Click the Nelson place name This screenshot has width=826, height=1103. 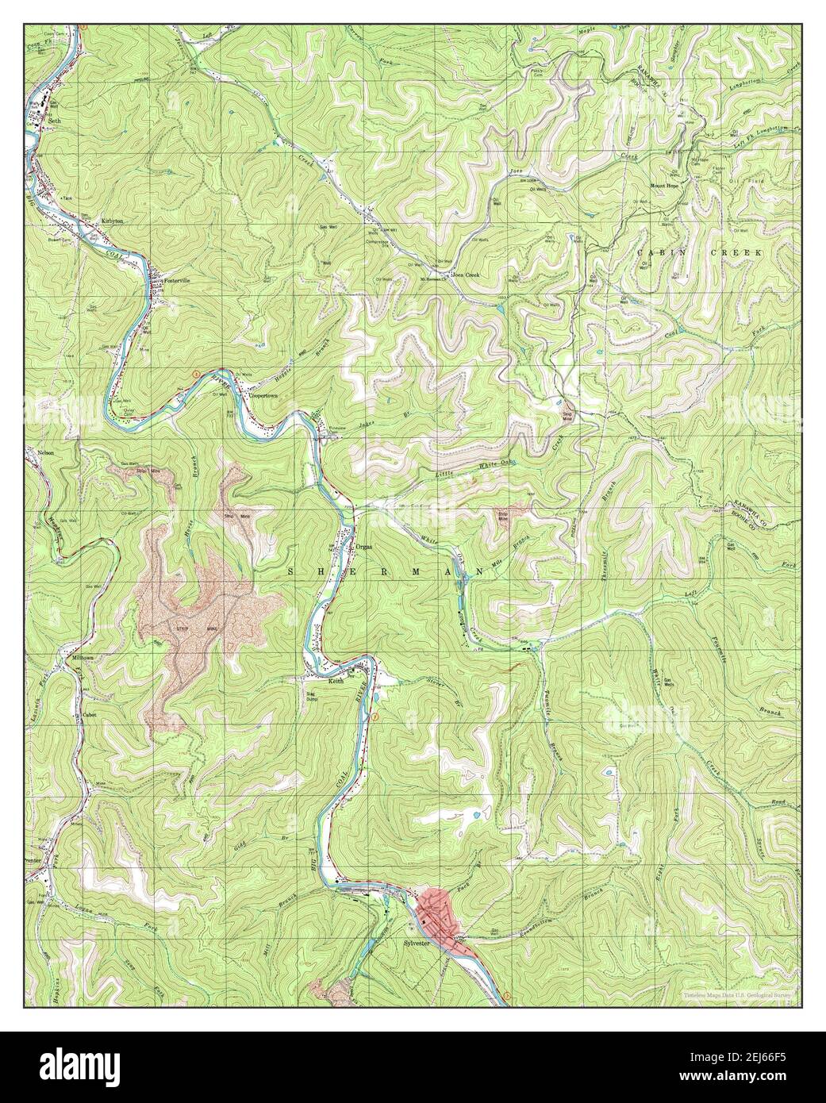44,452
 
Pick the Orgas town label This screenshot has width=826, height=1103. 364,547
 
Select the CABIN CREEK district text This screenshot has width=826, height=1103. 699,252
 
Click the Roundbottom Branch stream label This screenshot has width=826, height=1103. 559,893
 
